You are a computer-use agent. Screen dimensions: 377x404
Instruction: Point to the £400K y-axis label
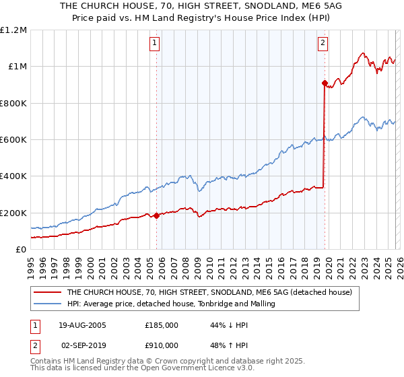click(x=13, y=176)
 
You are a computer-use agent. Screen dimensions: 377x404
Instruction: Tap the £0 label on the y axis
click(x=20, y=250)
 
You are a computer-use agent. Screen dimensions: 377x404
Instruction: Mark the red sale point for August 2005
click(x=156, y=216)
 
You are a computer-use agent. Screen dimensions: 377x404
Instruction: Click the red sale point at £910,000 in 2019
click(x=324, y=83)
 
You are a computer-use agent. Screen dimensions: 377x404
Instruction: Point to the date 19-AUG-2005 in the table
click(x=83, y=324)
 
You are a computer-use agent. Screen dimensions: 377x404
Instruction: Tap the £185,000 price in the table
click(x=162, y=324)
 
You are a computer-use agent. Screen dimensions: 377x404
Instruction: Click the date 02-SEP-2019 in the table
click(x=83, y=345)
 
